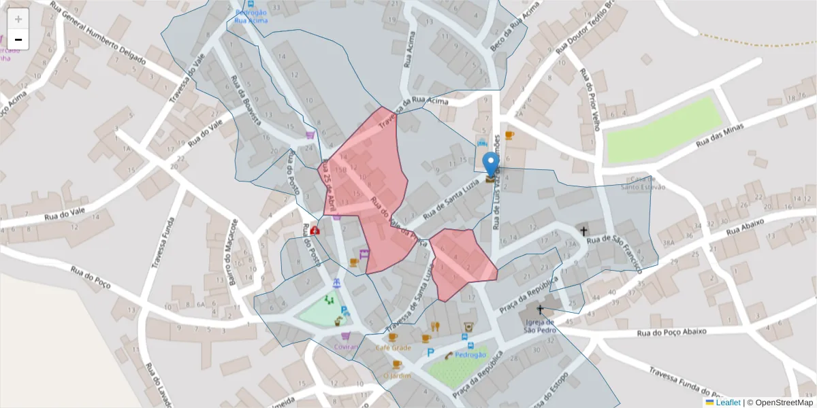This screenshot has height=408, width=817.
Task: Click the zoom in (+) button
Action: coord(18,18)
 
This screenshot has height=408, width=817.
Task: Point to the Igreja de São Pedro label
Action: coord(540,326)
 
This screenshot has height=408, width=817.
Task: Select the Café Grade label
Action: coord(393,347)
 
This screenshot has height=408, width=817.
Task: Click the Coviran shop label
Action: coord(346,346)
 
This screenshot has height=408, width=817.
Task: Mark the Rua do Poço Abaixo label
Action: coord(672,333)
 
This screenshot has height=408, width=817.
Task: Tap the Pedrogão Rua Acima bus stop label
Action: coord(251,16)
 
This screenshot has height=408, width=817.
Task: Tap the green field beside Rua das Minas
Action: coord(663,129)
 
